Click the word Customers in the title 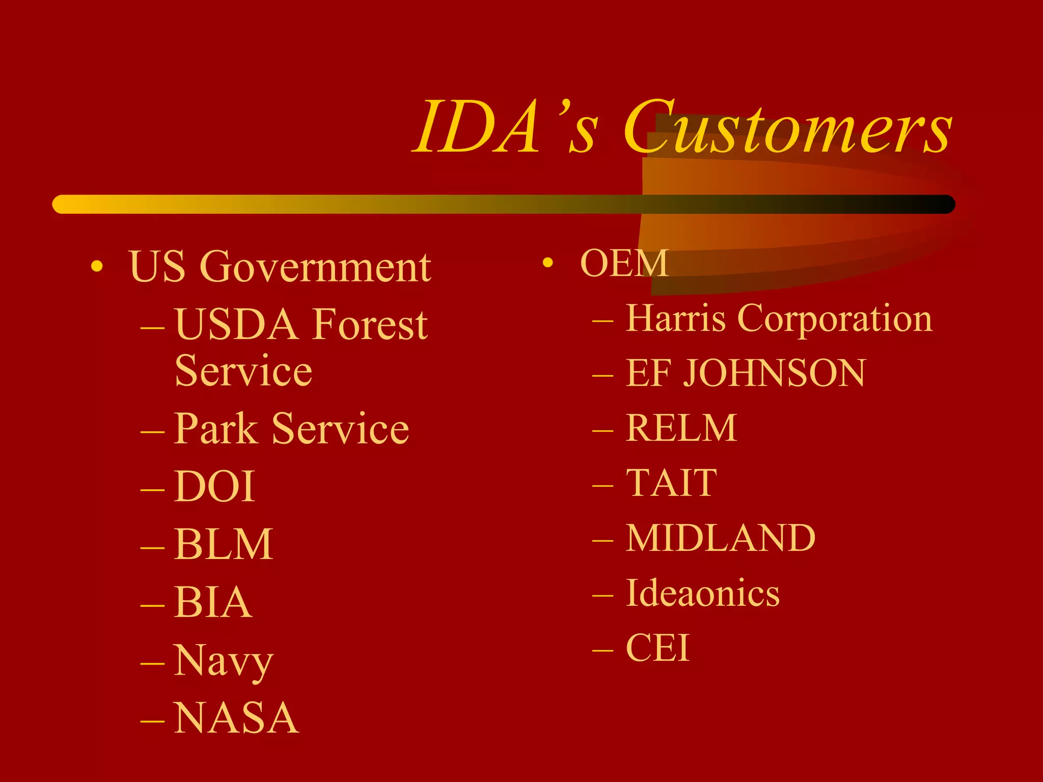[787, 127]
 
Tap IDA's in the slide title [504, 127]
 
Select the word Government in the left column [315, 267]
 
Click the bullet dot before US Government [97, 266]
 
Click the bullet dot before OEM [547, 263]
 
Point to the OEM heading [624, 263]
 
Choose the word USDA [236, 324]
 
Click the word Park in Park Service [216, 429]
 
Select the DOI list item [214, 486]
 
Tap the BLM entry [223, 544]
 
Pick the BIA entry [213, 602]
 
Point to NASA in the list [236, 718]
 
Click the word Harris [675, 319]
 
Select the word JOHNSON [774, 373]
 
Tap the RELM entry [681, 428]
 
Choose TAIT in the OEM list [671, 483]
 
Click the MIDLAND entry [720, 538]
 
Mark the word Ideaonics [702, 593]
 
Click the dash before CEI [602, 650]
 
